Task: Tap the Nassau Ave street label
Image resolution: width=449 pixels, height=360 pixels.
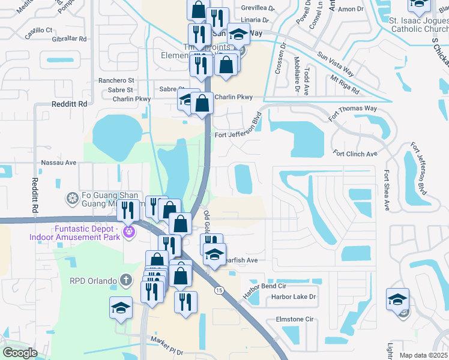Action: (58, 163)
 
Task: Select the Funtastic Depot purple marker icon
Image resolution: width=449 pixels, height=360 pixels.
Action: (128, 230)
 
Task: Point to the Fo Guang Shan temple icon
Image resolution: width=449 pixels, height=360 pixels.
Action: (73, 198)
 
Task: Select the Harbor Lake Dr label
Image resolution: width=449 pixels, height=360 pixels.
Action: (294, 297)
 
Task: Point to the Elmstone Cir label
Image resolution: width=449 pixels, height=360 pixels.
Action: (295, 320)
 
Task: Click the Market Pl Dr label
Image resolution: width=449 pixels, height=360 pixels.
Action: (166, 341)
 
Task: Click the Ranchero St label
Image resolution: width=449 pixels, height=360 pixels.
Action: (116, 80)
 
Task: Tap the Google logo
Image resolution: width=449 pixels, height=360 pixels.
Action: (20, 353)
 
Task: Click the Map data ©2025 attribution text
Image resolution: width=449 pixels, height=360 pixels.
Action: (423, 356)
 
